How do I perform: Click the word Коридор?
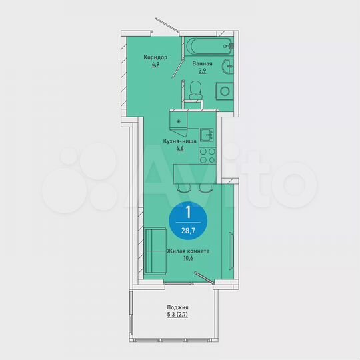155,57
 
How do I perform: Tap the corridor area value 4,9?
155,65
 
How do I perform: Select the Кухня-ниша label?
179,141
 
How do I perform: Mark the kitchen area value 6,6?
179,149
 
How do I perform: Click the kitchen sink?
207,136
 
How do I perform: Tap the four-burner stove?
207,155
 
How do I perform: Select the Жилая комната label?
189,251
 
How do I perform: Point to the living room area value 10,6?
189,259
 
